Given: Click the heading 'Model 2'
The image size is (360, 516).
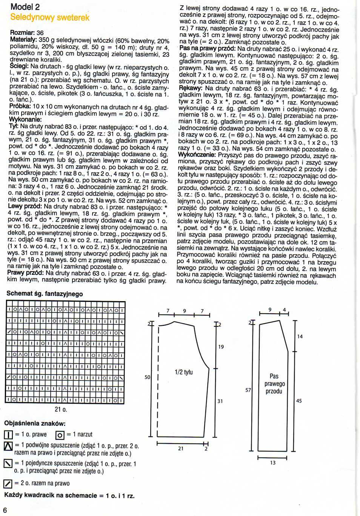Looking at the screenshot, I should (25, 7).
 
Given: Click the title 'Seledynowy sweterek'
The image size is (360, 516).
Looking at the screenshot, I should (50, 17).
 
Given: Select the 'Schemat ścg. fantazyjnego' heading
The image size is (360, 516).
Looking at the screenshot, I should (45, 294).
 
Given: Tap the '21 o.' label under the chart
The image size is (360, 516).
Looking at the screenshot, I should (61, 409).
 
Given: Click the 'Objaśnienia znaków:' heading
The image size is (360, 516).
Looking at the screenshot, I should (35, 423).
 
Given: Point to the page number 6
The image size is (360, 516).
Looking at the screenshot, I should (5, 510).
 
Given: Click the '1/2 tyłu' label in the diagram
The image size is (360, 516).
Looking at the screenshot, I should (183, 372).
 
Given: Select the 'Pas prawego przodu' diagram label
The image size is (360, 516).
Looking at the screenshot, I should (274, 384).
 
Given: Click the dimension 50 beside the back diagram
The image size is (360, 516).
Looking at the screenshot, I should (148, 377).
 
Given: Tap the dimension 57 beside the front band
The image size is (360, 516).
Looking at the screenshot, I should (248, 390).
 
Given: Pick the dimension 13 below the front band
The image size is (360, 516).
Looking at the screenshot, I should (272, 462).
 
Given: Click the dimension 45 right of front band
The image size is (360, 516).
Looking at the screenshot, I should (299, 401).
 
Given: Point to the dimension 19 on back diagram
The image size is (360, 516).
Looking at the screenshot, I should (221, 347).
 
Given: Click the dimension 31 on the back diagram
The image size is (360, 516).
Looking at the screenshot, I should (220, 401).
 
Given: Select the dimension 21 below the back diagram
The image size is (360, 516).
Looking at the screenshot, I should (181, 448).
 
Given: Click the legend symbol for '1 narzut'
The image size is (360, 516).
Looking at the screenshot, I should (60, 435).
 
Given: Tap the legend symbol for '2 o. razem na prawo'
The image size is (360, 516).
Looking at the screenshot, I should (8, 484).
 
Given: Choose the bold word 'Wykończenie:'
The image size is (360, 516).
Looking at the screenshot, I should (197, 155).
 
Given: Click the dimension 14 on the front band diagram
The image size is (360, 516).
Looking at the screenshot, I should (300, 336).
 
